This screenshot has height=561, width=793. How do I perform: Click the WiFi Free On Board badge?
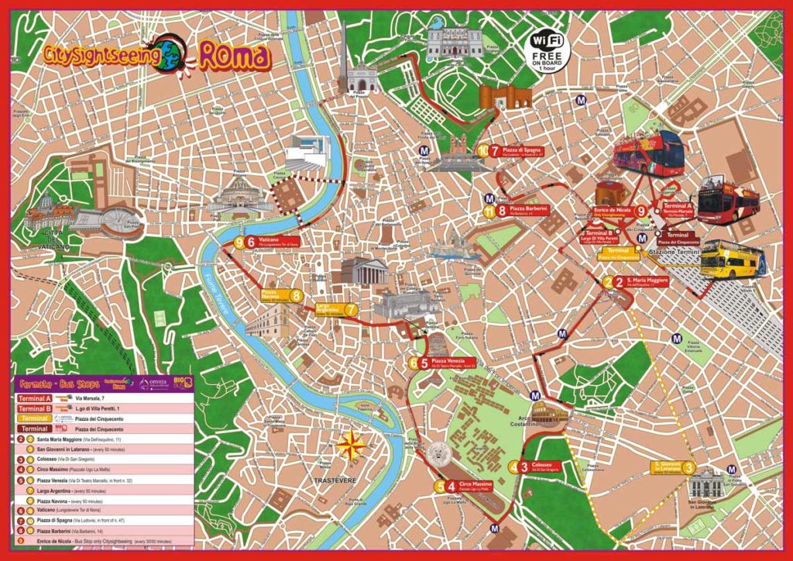548,49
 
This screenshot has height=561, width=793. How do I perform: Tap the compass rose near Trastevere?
352,446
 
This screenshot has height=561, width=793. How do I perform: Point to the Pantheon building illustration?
364,271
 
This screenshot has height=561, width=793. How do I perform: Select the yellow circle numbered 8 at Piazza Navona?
296,295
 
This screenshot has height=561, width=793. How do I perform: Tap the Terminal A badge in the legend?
35,398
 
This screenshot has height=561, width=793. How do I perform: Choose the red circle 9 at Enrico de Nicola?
641,212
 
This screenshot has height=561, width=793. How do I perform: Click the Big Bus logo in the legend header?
183,381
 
